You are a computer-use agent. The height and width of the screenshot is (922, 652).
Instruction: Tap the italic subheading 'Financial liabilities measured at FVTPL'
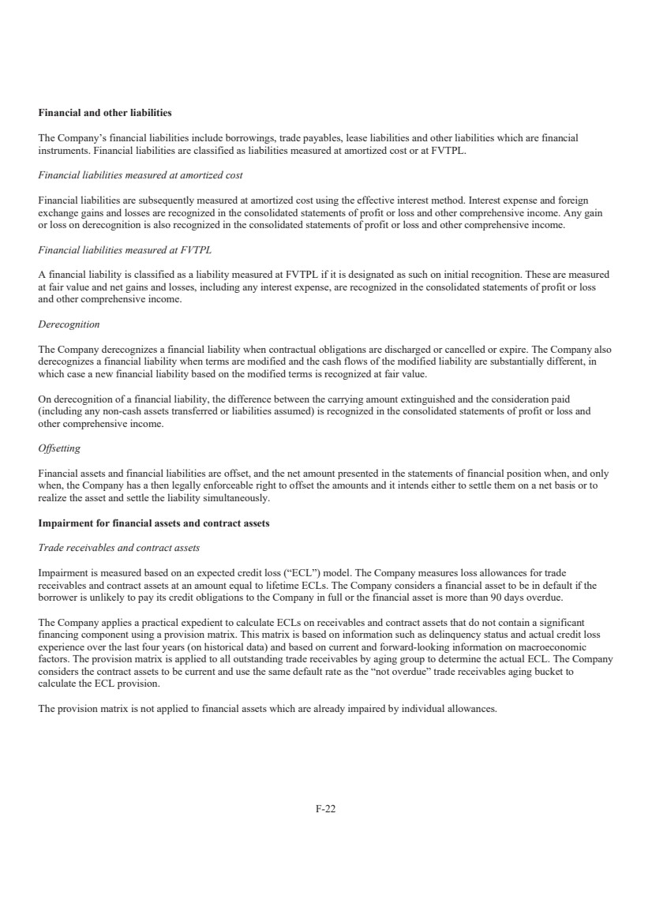[x=125, y=249]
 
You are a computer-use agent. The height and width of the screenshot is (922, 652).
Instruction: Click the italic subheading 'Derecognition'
[x=69, y=324]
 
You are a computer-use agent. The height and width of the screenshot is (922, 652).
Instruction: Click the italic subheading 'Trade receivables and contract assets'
[x=118, y=548]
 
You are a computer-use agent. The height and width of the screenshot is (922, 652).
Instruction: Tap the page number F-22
[x=326, y=809]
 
